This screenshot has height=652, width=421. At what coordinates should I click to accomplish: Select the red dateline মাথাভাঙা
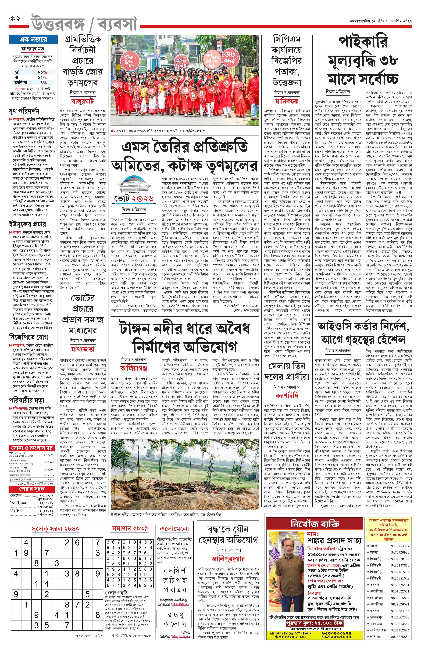(83, 349)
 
